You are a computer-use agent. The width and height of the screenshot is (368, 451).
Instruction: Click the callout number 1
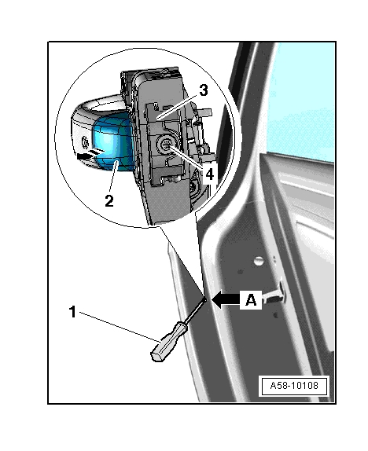tap(73, 312)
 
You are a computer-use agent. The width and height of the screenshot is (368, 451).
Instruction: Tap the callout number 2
tap(109, 201)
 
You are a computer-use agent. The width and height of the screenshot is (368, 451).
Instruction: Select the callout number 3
tap(204, 90)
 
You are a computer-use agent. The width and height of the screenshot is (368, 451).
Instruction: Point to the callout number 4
tap(209, 174)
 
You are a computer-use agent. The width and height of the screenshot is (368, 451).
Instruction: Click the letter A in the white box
tap(251, 300)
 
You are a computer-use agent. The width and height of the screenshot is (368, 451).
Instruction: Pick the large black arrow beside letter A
tap(226, 299)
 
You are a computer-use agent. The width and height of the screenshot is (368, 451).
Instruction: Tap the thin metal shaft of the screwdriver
tap(195, 311)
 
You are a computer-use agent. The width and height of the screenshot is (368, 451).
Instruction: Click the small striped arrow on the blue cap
tap(90, 154)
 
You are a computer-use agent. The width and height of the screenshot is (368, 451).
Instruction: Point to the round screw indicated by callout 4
tap(166, 145)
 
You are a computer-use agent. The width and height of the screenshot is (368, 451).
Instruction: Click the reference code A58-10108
tap(294, 386)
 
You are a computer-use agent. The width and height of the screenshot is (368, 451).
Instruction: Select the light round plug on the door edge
tap(259, 261)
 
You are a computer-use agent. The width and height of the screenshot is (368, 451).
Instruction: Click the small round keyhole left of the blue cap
tap(85, 142)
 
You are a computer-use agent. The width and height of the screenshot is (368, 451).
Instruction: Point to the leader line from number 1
tap(120, 327)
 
